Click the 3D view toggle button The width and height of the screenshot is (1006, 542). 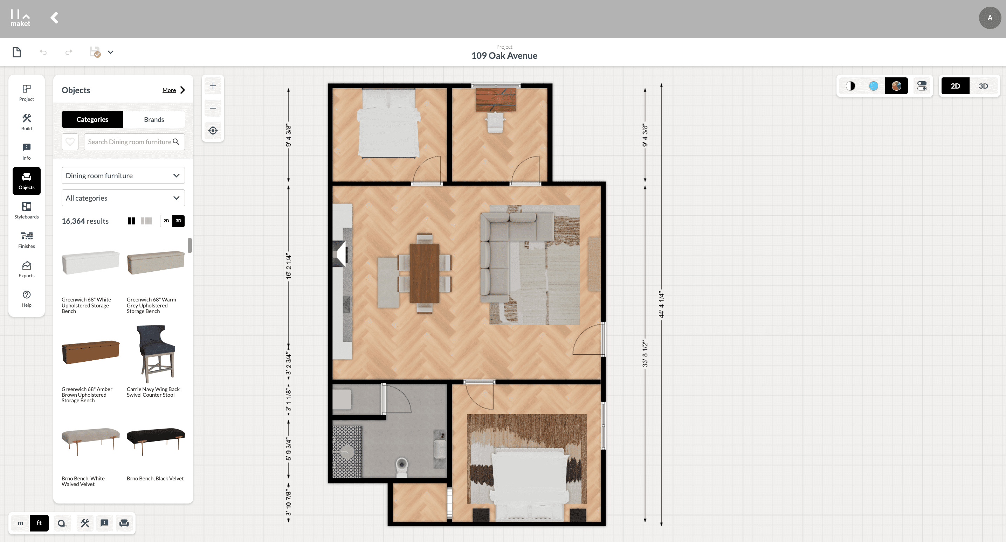click(983, 86)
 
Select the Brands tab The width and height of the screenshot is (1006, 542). click(154, 119)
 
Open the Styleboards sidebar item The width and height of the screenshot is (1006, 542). click(27, 210)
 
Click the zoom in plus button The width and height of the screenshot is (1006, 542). click(213, 86)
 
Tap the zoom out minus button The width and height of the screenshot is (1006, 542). click(213, 108)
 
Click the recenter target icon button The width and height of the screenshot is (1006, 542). click(213, 131)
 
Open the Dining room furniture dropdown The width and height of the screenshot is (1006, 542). click(123, 176)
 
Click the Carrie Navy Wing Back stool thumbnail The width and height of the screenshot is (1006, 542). click(156, 354)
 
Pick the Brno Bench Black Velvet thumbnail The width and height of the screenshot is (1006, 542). click(156, 442)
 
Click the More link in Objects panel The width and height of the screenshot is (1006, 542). click(169, 90)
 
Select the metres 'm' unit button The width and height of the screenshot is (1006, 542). click(20, 523)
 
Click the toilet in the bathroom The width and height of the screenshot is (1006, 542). click(401, 467)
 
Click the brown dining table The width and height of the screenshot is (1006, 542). click(425, 273)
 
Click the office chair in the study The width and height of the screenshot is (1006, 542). click(495, 122)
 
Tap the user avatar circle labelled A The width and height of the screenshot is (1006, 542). click(990, 18)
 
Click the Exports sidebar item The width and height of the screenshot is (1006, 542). click(27, 269)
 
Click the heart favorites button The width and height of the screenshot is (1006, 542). click(70, 142)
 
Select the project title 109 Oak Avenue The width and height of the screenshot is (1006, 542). click(504, 56)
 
